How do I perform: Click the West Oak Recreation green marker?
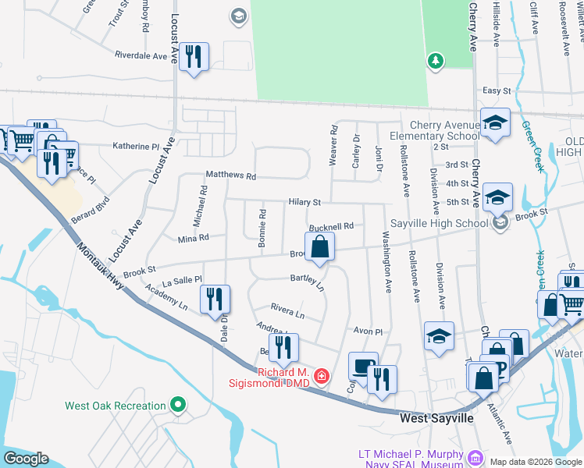coord(178,405)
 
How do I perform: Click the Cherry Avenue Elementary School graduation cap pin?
coord(495,124)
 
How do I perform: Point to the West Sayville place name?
coord(436,419)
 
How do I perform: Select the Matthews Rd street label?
coord(230,176)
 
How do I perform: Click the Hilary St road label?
coord(304,202)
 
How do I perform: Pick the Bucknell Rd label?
coord(331,226)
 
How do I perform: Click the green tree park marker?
coord(436,60)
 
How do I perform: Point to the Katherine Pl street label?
coord(136,146)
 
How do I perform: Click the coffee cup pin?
coord(363,366)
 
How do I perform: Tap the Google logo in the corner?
coord(26,459)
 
